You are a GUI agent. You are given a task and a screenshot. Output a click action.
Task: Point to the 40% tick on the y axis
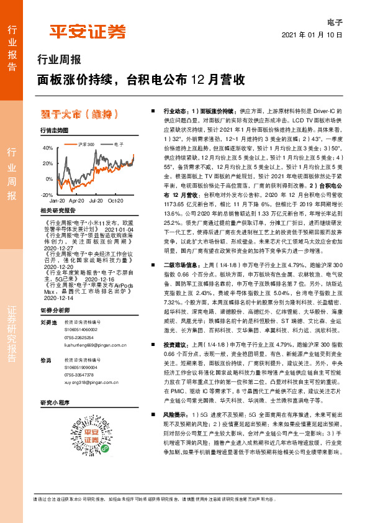[x=47, y=148]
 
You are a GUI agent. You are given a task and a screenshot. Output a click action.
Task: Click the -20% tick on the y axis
[x=46, y=194]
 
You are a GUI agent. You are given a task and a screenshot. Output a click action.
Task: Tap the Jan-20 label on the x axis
[x=57, y=201]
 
